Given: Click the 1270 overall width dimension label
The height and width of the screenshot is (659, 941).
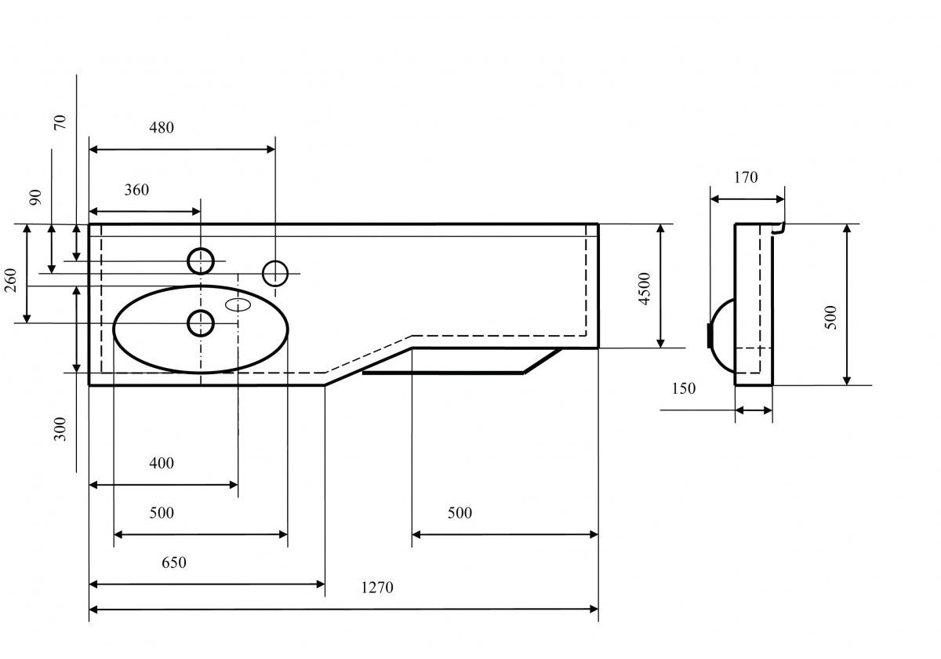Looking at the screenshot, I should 377,588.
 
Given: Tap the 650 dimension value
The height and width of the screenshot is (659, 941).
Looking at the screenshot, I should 173,563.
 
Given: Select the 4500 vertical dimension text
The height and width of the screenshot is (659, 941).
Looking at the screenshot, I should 644,288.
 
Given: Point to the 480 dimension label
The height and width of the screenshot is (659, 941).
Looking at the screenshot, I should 160,127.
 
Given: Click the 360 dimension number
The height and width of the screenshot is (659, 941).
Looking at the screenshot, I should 136,190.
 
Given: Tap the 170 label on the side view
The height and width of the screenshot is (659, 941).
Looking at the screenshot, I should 746,177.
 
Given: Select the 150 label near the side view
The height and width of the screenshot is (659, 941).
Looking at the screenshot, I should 683,388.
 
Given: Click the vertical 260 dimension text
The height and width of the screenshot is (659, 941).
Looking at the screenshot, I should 11,279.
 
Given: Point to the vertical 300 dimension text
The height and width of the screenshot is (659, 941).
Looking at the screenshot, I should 60,428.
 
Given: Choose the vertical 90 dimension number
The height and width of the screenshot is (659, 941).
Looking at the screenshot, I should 35,197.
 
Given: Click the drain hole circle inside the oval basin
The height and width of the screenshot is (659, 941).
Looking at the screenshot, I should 202,322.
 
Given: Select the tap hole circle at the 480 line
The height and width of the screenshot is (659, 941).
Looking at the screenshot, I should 275,273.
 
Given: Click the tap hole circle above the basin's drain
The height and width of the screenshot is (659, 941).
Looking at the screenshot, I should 202,260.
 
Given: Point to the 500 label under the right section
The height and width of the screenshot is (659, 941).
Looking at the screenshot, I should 460,513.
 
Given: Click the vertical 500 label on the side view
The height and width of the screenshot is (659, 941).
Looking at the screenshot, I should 831,317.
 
